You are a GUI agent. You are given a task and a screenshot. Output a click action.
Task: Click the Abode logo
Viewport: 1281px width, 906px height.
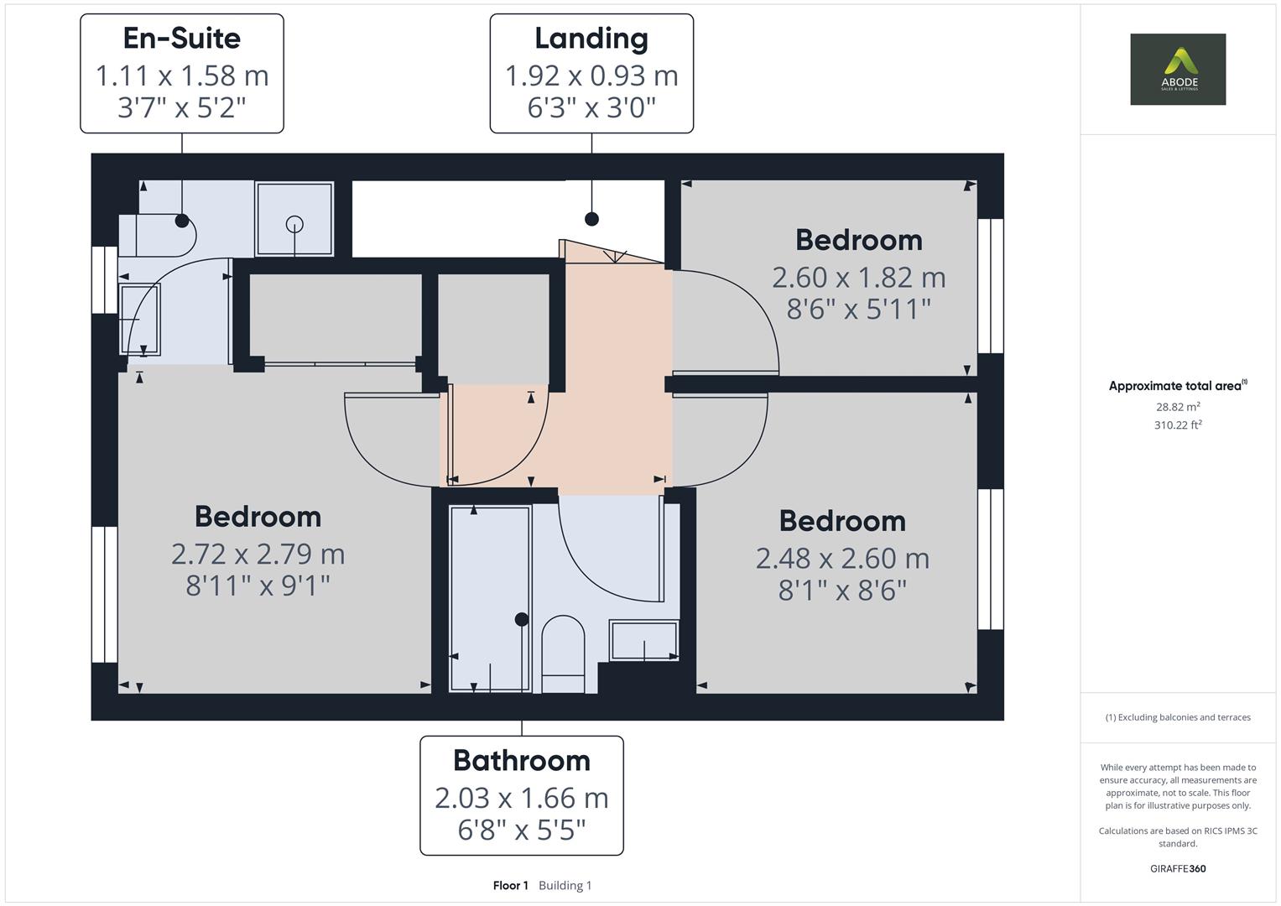tap(1178, 69)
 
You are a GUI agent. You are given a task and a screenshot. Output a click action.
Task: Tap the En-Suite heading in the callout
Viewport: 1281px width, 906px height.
tap(182, 39)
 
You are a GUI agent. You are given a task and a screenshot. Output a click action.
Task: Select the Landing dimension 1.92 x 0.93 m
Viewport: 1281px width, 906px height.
tap(591, 76)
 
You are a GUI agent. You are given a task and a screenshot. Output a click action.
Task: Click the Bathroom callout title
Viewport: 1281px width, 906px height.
tap(522, 761)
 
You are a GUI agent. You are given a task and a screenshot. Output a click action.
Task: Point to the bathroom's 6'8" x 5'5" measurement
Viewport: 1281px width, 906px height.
tap(522, 830)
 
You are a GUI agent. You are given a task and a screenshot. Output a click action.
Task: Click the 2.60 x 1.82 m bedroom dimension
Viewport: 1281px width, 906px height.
tap(858, 277)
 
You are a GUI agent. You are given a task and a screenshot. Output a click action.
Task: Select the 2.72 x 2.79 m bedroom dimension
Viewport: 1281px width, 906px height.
tap(258, 554)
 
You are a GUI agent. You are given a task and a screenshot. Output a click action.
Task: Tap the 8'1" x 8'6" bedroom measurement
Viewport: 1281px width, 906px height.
tap(842, 591)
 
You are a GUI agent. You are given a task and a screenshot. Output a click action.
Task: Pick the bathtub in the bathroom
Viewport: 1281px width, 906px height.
tap(490, 597)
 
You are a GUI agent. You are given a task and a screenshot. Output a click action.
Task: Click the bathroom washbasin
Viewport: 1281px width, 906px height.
tap(643, 641)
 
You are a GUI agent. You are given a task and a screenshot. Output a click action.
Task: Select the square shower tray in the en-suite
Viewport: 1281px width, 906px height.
tap(294, 219)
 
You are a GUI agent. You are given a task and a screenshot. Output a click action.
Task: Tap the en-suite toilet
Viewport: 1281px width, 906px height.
tap(159, 236)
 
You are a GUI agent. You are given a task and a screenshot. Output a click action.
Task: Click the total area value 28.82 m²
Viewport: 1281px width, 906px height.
tap(1178, 407)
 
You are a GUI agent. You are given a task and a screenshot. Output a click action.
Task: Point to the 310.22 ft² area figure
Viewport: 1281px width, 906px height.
tap(1178, 425)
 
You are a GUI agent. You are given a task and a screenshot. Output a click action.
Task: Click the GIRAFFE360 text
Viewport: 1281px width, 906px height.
tap(1178, 869)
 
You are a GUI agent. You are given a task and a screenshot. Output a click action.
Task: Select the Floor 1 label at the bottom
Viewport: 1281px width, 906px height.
tap(510, 886)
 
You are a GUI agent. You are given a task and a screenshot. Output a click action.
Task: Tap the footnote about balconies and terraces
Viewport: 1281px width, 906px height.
tap(1178, 717)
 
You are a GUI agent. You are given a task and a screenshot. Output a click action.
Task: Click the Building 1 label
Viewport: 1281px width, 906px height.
tap(565, 886)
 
